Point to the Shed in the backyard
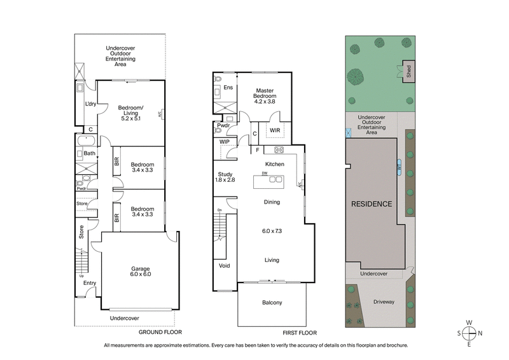click(x=409, y=70)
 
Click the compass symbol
click(x=469, y=333)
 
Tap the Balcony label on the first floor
click(x=272, y=302)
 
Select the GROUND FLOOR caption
click(x=160, y=333)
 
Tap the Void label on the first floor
click(x=223, y=266)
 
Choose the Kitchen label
click(x=274, y=164)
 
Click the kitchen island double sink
click(x=275, y=179)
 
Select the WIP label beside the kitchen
click(x=224, y=141)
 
